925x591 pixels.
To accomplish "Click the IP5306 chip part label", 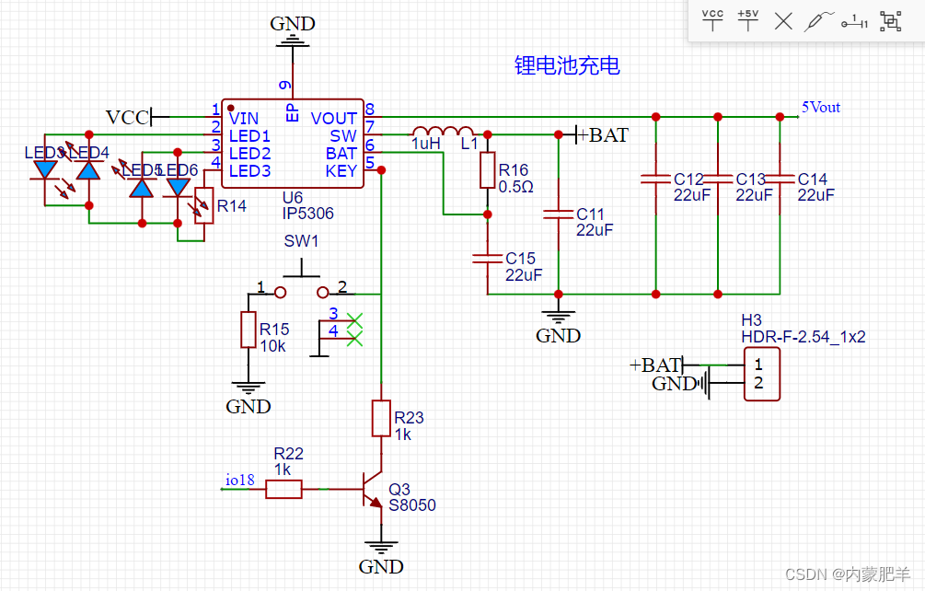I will [308, 214].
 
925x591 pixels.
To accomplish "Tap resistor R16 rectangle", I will [488, 171].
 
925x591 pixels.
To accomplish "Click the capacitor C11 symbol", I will [558, 214].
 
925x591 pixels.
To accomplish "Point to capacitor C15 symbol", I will [488, 259].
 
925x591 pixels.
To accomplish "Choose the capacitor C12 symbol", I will [655, 178].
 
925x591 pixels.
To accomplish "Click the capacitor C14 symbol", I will [780, 178].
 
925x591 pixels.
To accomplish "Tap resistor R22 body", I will [283, 490].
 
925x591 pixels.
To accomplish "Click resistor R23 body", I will [380, 418].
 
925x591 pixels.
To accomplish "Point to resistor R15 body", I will [248, 330].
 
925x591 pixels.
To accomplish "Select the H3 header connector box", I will [761, 374].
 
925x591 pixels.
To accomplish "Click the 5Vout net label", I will [821, 108].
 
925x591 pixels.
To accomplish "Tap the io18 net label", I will [239, 480].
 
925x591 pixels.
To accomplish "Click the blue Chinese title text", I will [567, 65].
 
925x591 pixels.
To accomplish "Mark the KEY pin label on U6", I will [341, 171].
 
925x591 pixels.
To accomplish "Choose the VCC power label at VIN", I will [127, 118].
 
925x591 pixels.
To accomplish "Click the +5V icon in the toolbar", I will [747, 20].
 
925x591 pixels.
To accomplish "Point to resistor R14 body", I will [204, 205].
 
